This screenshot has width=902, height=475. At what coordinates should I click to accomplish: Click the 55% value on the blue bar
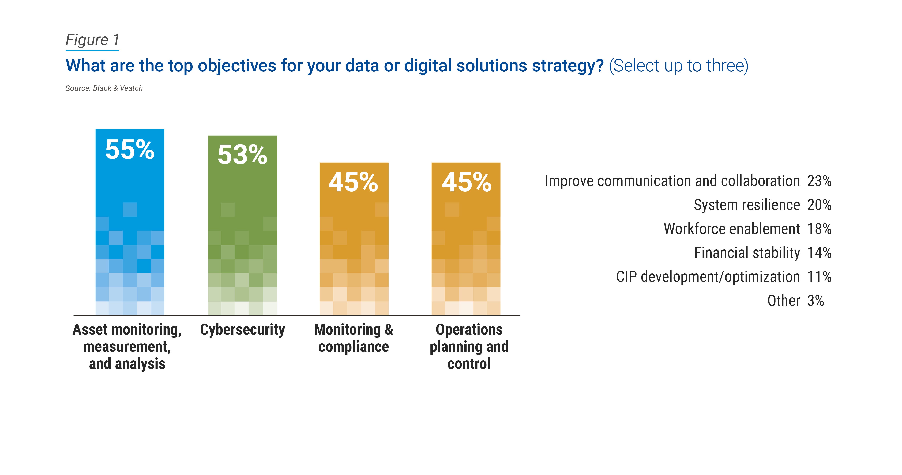[130, 150]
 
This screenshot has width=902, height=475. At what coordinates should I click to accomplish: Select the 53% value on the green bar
[242, 155]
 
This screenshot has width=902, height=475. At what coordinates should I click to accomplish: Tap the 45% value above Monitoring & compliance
[353, 182]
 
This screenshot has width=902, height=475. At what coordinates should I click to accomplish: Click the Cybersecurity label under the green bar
[242, 330]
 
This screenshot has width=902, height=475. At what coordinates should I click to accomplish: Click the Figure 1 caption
[92, 40]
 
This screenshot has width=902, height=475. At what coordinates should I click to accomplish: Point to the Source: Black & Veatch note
[104, 88]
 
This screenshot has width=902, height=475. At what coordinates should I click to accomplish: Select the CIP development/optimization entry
[708, 277]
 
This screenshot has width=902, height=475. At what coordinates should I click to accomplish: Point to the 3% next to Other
[816, 301]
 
